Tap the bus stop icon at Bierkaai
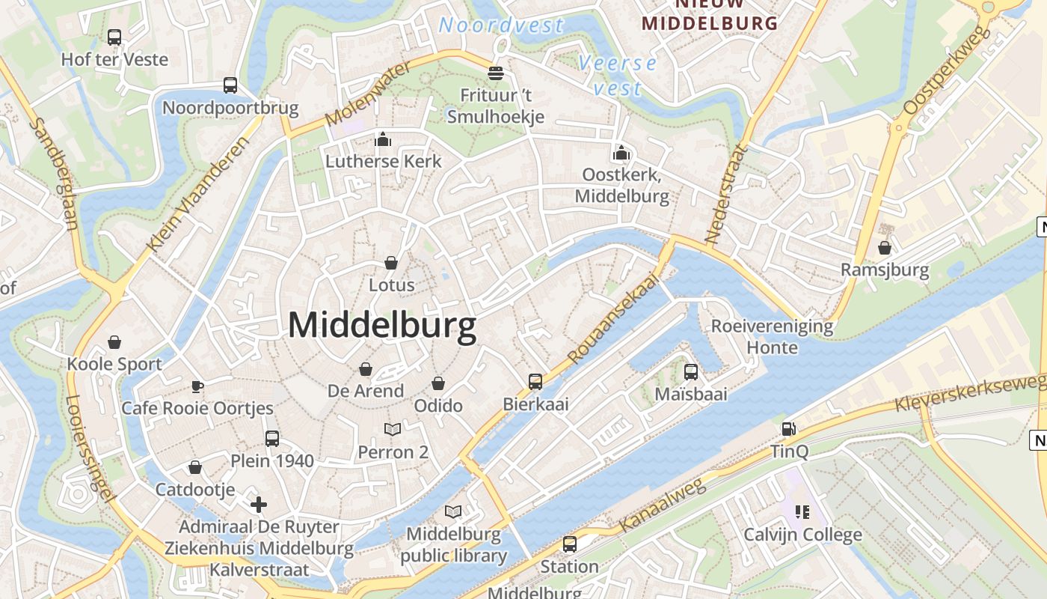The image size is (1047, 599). tap(535, 381)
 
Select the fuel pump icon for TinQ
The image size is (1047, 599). tap(788, 429)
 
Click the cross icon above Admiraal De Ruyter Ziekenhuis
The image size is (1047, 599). tap(259, 505)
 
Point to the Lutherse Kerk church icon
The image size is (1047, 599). tap(383, 139)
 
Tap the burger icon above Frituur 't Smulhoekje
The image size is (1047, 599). tap(495, 73)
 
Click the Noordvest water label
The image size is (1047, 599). tap(501, 25)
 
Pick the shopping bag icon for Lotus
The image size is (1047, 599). tap(391, 263)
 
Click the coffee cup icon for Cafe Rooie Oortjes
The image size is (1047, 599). tap(197, 386)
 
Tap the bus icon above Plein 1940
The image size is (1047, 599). tap(272, 438)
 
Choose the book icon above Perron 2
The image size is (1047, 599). tap(393, 429)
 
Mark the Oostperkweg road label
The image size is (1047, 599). tap(947, 70)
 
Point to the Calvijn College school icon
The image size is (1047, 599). tap(802, 512)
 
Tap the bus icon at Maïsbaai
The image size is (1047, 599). tap(691, 371)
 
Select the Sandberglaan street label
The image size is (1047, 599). tap(56, 174)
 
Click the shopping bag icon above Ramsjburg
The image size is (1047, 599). tap(885, 247)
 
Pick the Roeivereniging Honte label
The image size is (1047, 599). tap(772, 337)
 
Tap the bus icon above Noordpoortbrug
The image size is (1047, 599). tap(230, 85)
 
